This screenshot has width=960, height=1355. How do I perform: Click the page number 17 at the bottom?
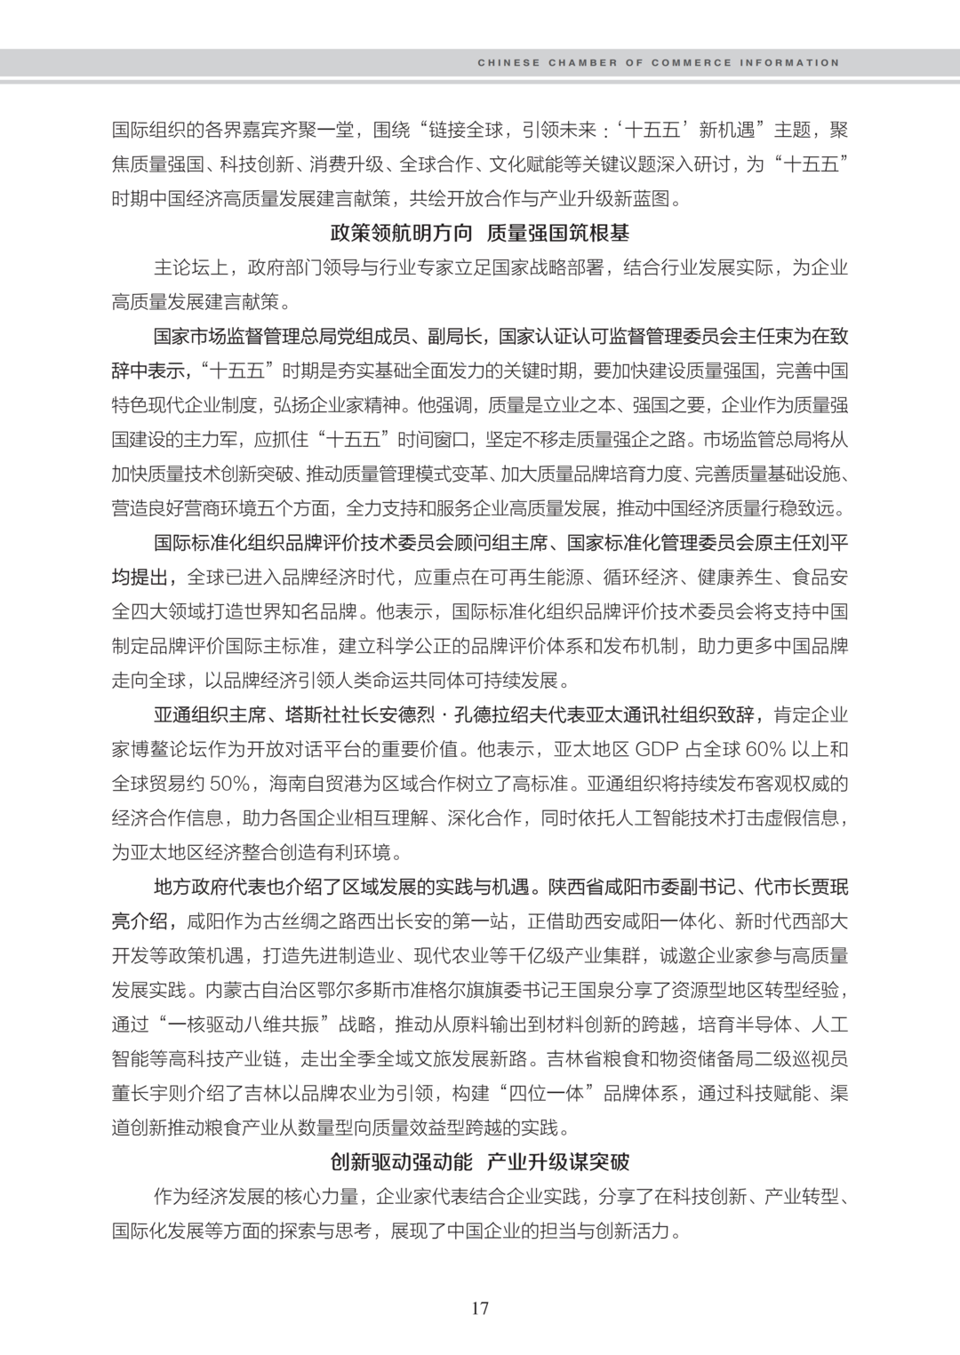pos(480,1308)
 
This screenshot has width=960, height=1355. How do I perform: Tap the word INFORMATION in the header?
pos(789,63)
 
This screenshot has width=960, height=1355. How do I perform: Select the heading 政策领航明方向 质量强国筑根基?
pos(479,234)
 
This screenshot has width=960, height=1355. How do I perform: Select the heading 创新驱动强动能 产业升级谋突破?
pos(479,1162)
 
